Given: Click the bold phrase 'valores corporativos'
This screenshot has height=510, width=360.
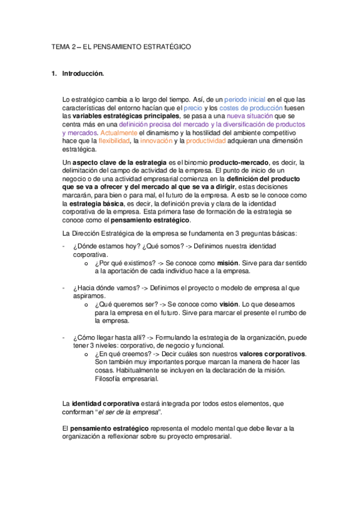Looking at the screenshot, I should [x=273, y=354].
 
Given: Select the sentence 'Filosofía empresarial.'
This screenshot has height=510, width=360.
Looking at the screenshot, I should [x=127, y=379].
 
